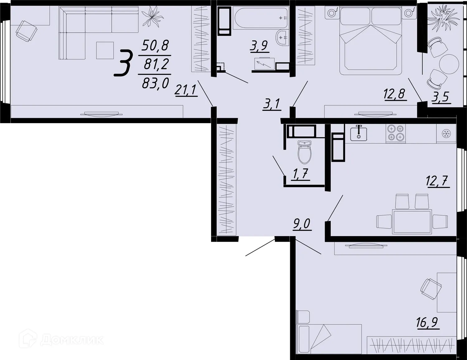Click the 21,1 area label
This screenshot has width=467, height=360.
point(186,90)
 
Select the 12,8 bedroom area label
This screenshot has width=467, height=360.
point(395,94)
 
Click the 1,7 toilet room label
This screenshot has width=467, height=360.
point(300,174)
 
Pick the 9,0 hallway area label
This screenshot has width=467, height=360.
point(302,224)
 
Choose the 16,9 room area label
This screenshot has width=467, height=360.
point(427,322)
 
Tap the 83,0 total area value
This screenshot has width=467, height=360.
point(155,83)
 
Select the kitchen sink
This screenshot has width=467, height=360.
point(359,133)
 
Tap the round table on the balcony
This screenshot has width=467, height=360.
point(449,63)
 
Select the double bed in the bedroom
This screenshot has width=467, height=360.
point(370,40)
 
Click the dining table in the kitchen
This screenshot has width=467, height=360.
point(412,222)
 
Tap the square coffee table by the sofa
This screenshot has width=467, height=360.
point(105,50)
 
